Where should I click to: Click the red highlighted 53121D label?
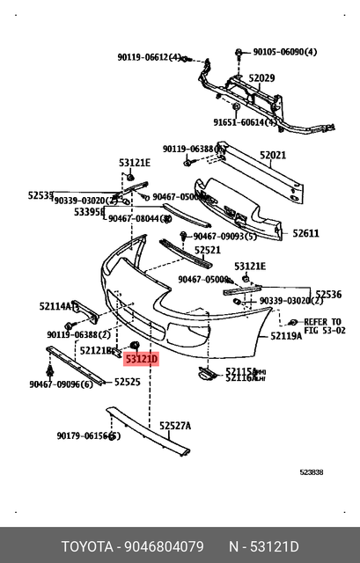141,359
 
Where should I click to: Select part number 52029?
261,78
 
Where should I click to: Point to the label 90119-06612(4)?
149,57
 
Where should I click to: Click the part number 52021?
272,156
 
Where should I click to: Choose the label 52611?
305,233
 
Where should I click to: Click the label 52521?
208,251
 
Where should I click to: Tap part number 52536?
327,295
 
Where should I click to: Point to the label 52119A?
285,336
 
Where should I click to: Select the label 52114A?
55,306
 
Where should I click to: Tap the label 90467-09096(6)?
60,384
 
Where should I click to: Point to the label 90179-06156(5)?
88,435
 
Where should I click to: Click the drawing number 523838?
311,472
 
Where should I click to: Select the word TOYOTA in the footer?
85,545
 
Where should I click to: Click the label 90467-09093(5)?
225,237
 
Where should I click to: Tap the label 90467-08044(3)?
137,218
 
